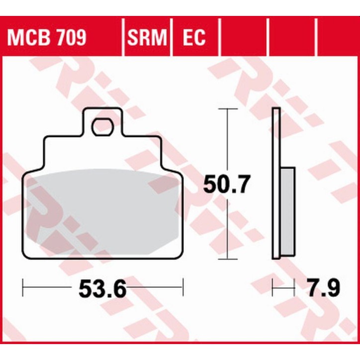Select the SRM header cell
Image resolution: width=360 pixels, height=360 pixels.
tap(147, 37)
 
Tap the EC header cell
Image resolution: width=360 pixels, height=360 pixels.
tap(194, 37)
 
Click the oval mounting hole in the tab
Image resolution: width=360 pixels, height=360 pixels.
tap(102, 127)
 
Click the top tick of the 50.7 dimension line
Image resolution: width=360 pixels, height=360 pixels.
tap(227, 108)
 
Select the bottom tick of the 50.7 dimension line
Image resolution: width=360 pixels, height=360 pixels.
tap(227, 259)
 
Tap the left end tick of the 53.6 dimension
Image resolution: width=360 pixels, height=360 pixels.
tap(24, 287)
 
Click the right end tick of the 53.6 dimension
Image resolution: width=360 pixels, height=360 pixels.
tap(183, 287)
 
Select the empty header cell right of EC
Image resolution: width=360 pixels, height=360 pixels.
tap(244, 37)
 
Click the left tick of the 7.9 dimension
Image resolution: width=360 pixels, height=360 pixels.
tap(273, 287)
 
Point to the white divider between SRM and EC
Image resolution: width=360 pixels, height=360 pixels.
tap(171, 37)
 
